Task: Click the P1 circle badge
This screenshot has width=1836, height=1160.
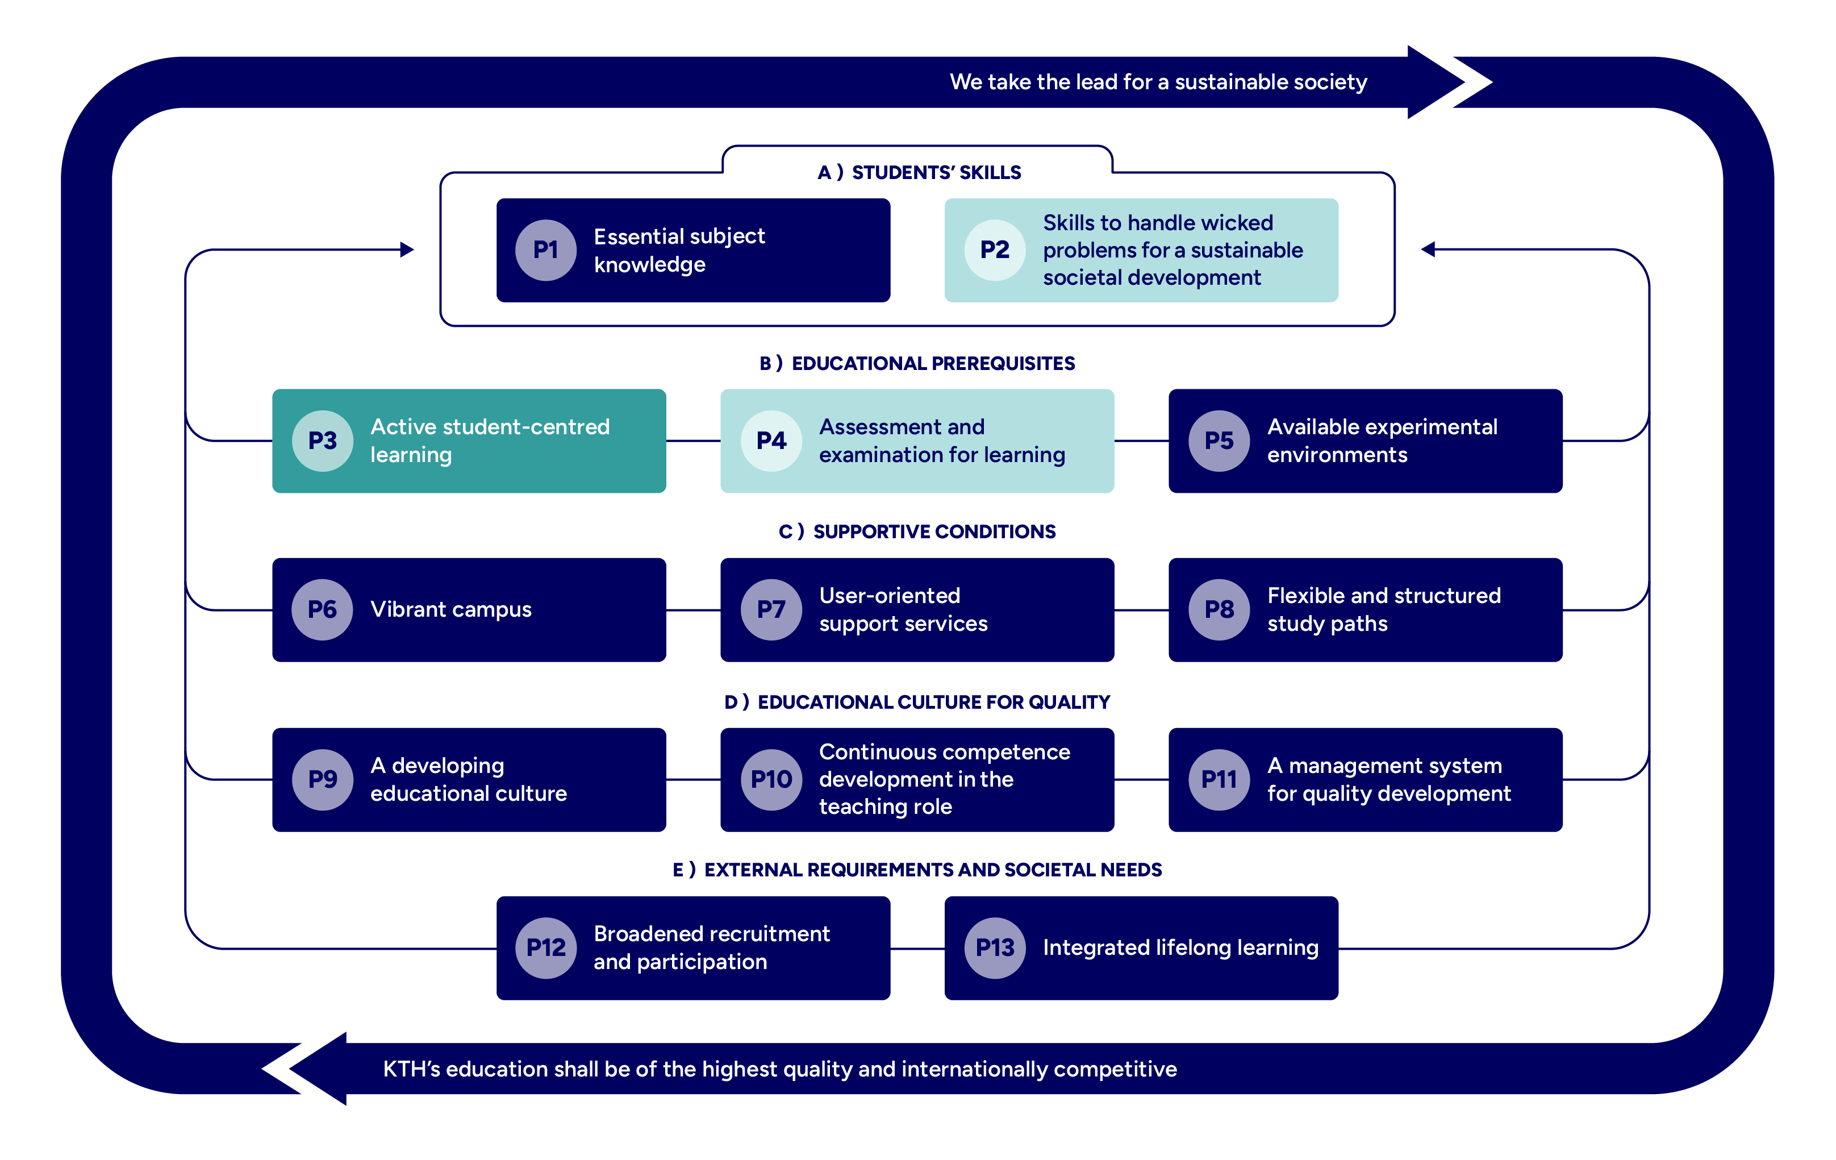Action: coord(545,250)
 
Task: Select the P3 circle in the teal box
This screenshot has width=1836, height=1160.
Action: coord(323,441)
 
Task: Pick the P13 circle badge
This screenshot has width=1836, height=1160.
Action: coord(995,948)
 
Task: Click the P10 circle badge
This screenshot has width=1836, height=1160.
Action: coord(771,779)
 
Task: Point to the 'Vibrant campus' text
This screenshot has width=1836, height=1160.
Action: coord(450,609)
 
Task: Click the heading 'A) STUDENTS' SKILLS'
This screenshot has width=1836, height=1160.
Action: coord(919,172)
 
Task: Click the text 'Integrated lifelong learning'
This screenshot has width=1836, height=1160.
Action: coord(1180,948)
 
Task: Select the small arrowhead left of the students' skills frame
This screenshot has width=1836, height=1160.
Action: coord(407,250)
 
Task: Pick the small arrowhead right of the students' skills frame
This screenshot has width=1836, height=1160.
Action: coord(1428,250)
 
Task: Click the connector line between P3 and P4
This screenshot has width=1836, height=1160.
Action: coord(693,441)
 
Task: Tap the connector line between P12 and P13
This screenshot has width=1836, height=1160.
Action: coord(917,949)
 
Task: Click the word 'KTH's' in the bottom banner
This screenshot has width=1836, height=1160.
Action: coord(411,1069)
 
